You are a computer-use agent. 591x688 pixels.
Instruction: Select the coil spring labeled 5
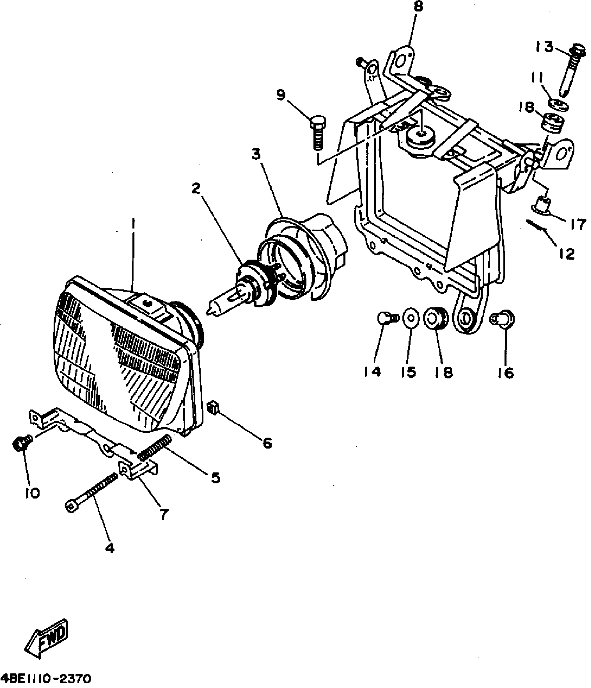155,448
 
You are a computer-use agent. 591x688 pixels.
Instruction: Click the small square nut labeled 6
213,407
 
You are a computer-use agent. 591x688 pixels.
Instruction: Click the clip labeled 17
541,204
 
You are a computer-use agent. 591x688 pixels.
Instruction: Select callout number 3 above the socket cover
256,155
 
